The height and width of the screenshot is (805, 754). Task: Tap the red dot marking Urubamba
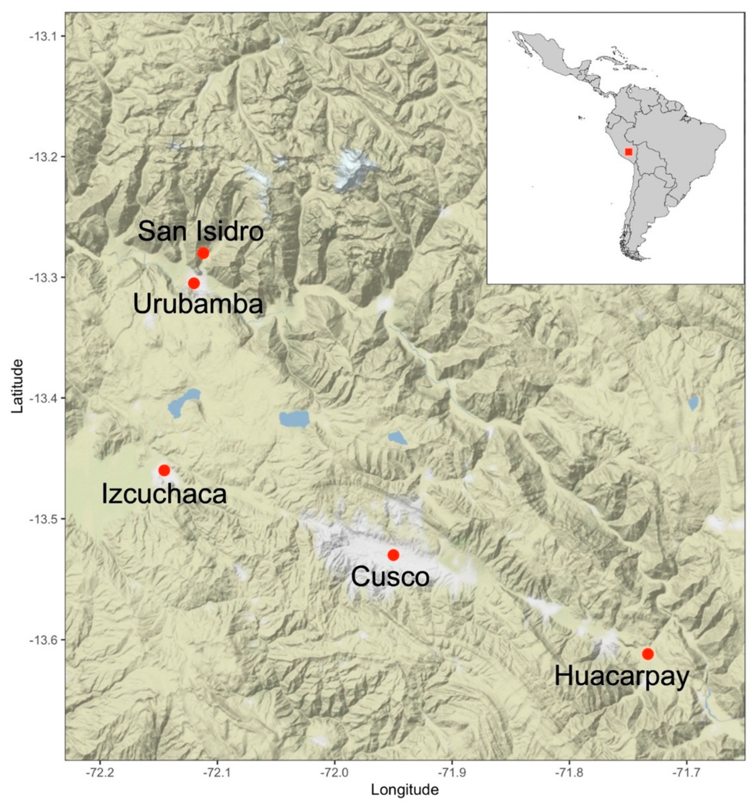pos(194,283)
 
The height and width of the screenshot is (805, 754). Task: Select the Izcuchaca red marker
pos(164,470)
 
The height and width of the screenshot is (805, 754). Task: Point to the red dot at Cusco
pos(393,555)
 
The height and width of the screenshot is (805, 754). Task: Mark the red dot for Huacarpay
pos(648,654)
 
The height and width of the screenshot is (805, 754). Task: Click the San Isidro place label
pos(201,232)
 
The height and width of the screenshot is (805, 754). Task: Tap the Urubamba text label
pos(198,305)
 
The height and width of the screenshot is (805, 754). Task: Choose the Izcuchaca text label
pos(164,494)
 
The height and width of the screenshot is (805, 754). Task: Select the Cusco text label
pos(390,577)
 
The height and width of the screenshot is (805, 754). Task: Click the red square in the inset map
pos(628,152)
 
